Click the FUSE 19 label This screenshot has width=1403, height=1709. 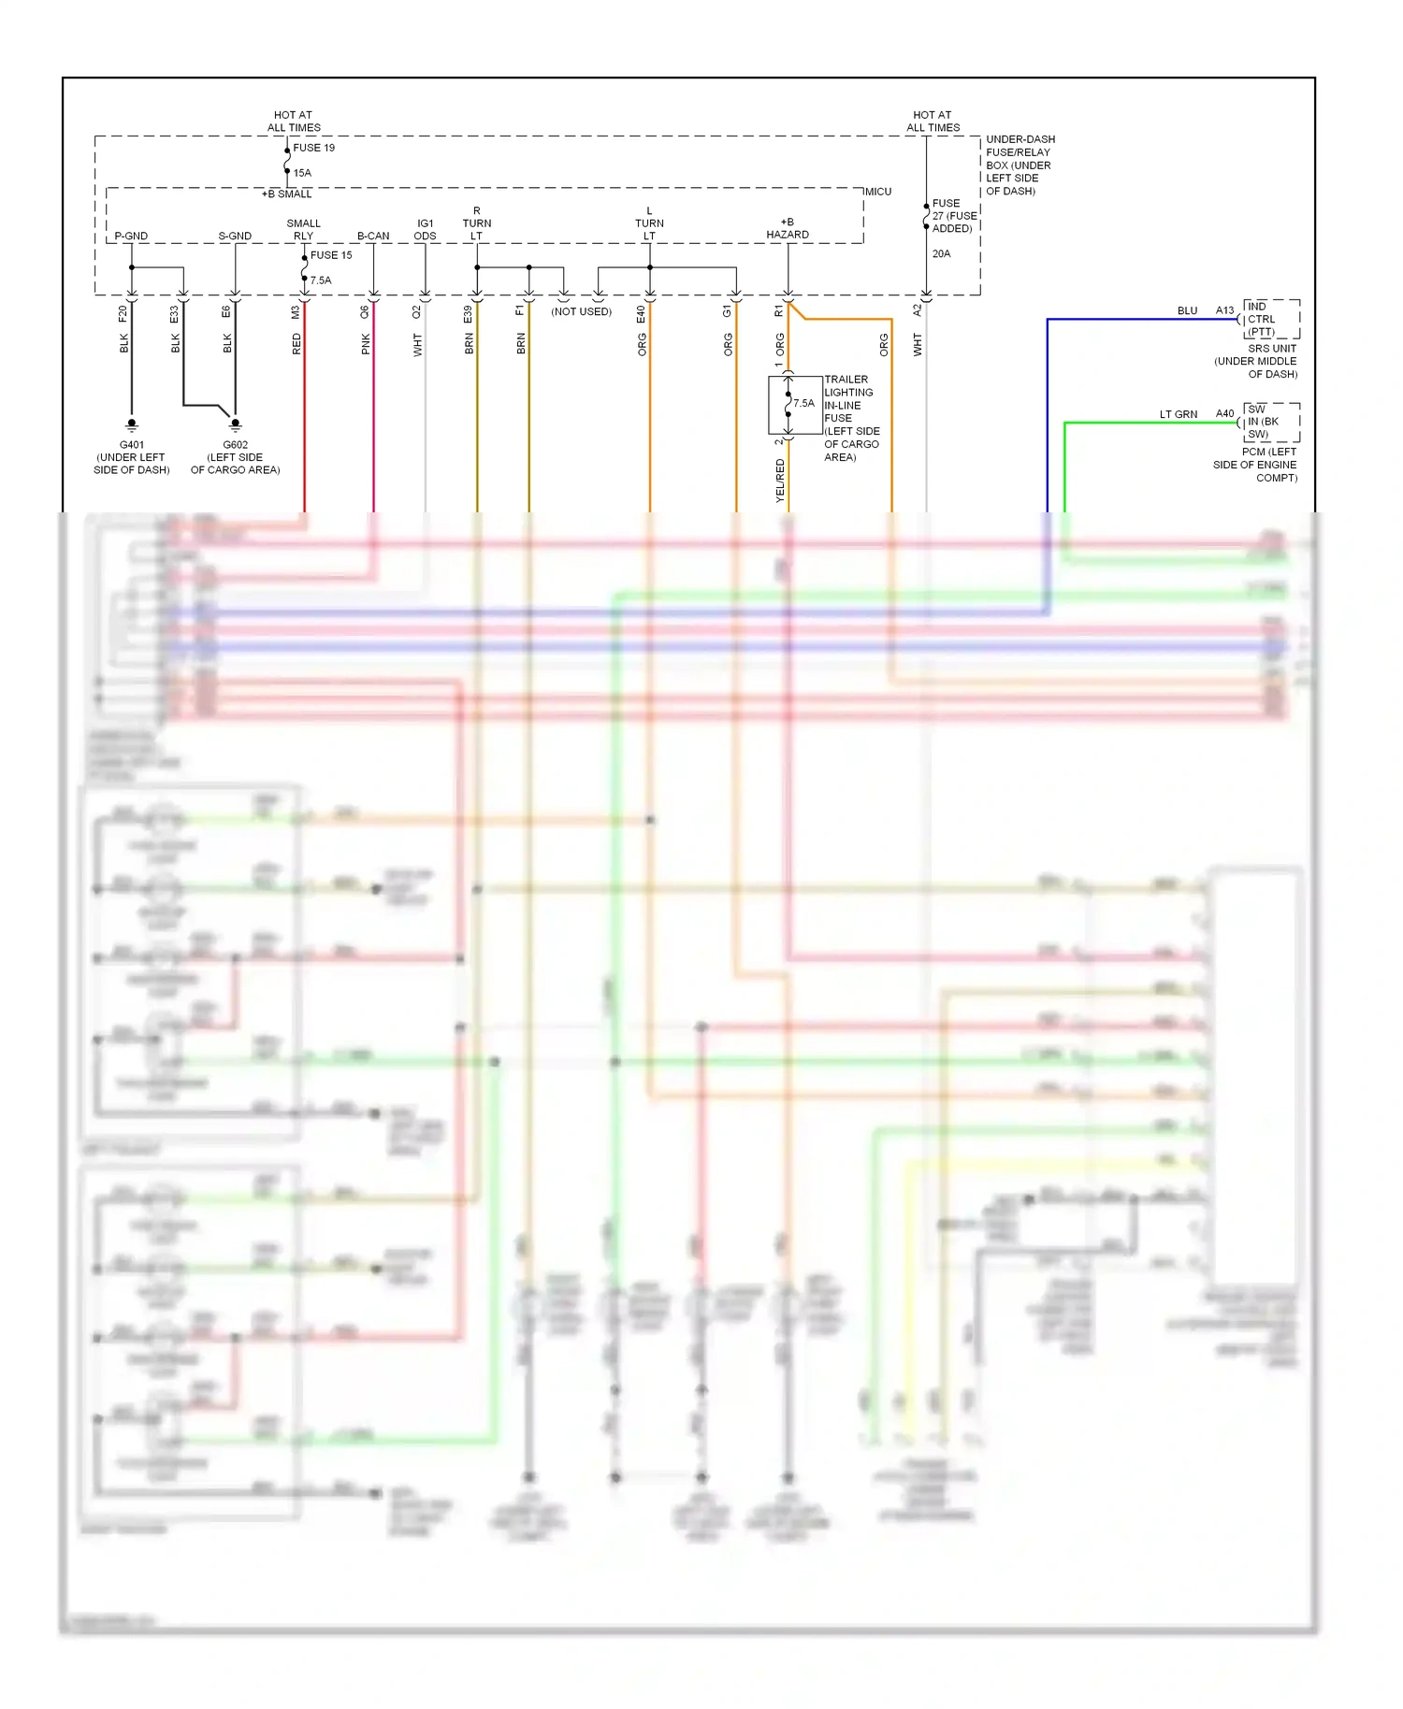click(x=313, y=148)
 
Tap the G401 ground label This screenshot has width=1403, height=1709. click(x=132, y=445)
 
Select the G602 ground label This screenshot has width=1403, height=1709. click(x=235, y=445)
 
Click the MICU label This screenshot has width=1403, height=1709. click(x=877, y=192)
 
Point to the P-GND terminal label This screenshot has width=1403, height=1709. click(x=131, y=236)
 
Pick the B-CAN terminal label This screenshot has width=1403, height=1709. click(x=373, y=236)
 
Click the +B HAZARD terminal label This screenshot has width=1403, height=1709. click(x=788, y=229)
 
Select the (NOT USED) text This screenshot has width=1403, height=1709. click(x=581, y=311)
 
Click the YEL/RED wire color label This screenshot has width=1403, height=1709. click(x=780, y=481)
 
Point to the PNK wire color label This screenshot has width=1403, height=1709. click(x=366, y=344)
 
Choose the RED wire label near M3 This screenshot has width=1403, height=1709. click(x=297, y=344)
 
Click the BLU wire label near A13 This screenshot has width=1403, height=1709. click(x=1187, y=310)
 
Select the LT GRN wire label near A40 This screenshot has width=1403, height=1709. click(x=1178, y=414)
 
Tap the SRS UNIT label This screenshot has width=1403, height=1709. click(x=1272, y=349)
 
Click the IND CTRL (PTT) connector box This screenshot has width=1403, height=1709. click(x=1270, y=319)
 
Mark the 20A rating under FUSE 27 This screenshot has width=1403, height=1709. click(x=941, y=253)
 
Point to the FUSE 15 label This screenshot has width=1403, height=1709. click(x=331, y=255)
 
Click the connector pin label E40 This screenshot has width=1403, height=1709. click(x=641, y=314)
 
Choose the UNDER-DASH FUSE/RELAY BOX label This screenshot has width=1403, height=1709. click(x=1020, y=165)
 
